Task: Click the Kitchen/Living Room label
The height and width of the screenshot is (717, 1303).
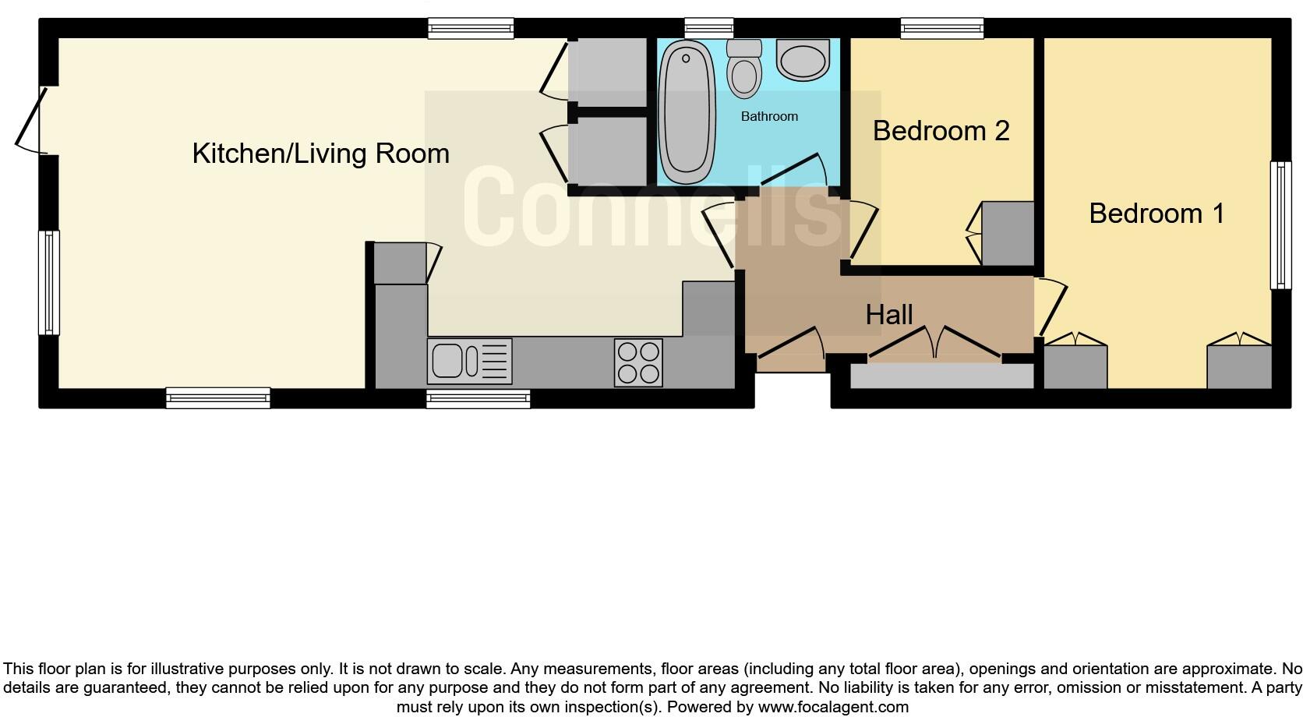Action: pyautogui.click(x=320, y=154)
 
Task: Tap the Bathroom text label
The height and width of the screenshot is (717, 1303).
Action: pyautogui.click(x=769, y=117)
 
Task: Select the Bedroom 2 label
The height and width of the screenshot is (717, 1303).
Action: pyautogui.click(x=941, y=131)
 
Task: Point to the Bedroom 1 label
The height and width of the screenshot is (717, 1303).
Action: pyautogui.click(x=1156, y=214)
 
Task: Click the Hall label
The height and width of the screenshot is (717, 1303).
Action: pyautogui.click(x=888, y=315)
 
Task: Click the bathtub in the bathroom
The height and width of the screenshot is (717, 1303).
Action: pyautogui.click(x=687, y=111)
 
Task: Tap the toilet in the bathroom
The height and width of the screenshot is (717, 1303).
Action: pyautogui.click(x=744, y=71)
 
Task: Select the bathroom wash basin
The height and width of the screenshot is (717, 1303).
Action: pyautogui.click(x=803, y=62)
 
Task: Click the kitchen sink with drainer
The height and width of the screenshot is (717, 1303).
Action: pyautogui.click(x=469, y=362)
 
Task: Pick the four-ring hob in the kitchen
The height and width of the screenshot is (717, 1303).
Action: pyautogui.click(x=638, y=362)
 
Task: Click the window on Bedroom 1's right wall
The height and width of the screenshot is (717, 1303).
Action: pyautogui.click(x=1280, y=225)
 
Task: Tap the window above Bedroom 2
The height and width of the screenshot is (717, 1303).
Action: pyautogui.click(x=941, y=29)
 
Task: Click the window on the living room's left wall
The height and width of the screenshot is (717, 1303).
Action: pyautogui.click(x=49, y=282)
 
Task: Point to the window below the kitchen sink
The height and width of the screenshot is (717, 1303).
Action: pyautogui.click(x=478, y=398)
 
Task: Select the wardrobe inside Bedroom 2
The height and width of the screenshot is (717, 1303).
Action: pyautogui.click(x=1007, y=234)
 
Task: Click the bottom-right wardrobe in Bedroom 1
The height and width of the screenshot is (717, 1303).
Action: pyautogui.click(x=1239, y=366)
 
